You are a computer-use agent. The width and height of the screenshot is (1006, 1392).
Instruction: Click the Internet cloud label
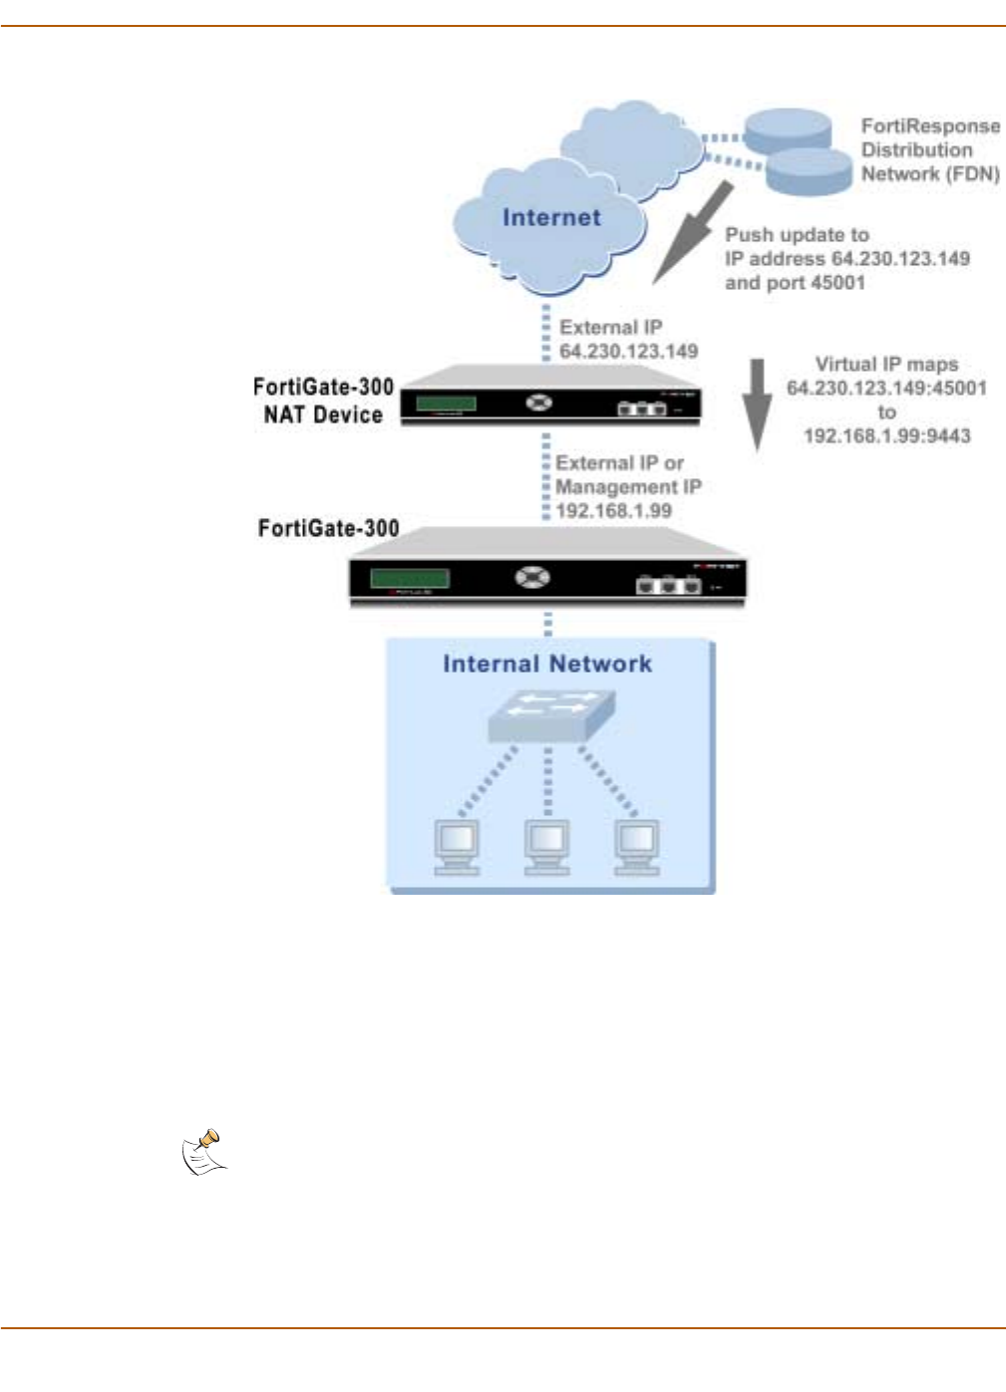(551, 218)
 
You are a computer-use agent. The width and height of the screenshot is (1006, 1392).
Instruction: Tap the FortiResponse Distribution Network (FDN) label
(929, 150)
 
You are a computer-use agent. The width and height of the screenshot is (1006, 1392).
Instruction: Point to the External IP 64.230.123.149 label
(628, 340)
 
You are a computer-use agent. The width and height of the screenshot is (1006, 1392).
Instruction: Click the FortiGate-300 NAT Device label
(323, 401)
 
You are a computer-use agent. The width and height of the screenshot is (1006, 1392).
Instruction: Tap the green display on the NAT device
(446, 405)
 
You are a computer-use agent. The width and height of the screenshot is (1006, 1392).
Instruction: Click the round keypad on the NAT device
(539, 403)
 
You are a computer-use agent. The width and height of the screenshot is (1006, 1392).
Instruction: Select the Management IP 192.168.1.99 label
(627, 487)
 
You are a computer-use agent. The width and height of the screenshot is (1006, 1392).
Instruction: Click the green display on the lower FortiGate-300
(410, 579)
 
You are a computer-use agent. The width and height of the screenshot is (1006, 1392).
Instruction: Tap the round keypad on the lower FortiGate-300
(532, 577)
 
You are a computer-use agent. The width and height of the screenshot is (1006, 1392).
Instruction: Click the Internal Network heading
(547, 665)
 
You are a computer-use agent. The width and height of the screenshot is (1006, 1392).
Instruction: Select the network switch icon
(550, 716)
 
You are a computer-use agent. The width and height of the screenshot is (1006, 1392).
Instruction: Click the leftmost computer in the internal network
(457, 847)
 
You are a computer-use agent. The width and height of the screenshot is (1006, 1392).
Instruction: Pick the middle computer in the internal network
(547, 847)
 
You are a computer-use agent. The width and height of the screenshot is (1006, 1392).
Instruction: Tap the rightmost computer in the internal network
(637, 847)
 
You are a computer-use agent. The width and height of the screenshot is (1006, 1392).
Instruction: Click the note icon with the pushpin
(204, 1153)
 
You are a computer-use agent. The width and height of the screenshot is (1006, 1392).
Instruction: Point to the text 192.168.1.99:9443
(886, 436)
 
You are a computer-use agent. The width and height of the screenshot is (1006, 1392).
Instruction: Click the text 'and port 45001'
(795, 283)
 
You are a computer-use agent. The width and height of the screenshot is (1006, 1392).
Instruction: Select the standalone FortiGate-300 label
(328, 528)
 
